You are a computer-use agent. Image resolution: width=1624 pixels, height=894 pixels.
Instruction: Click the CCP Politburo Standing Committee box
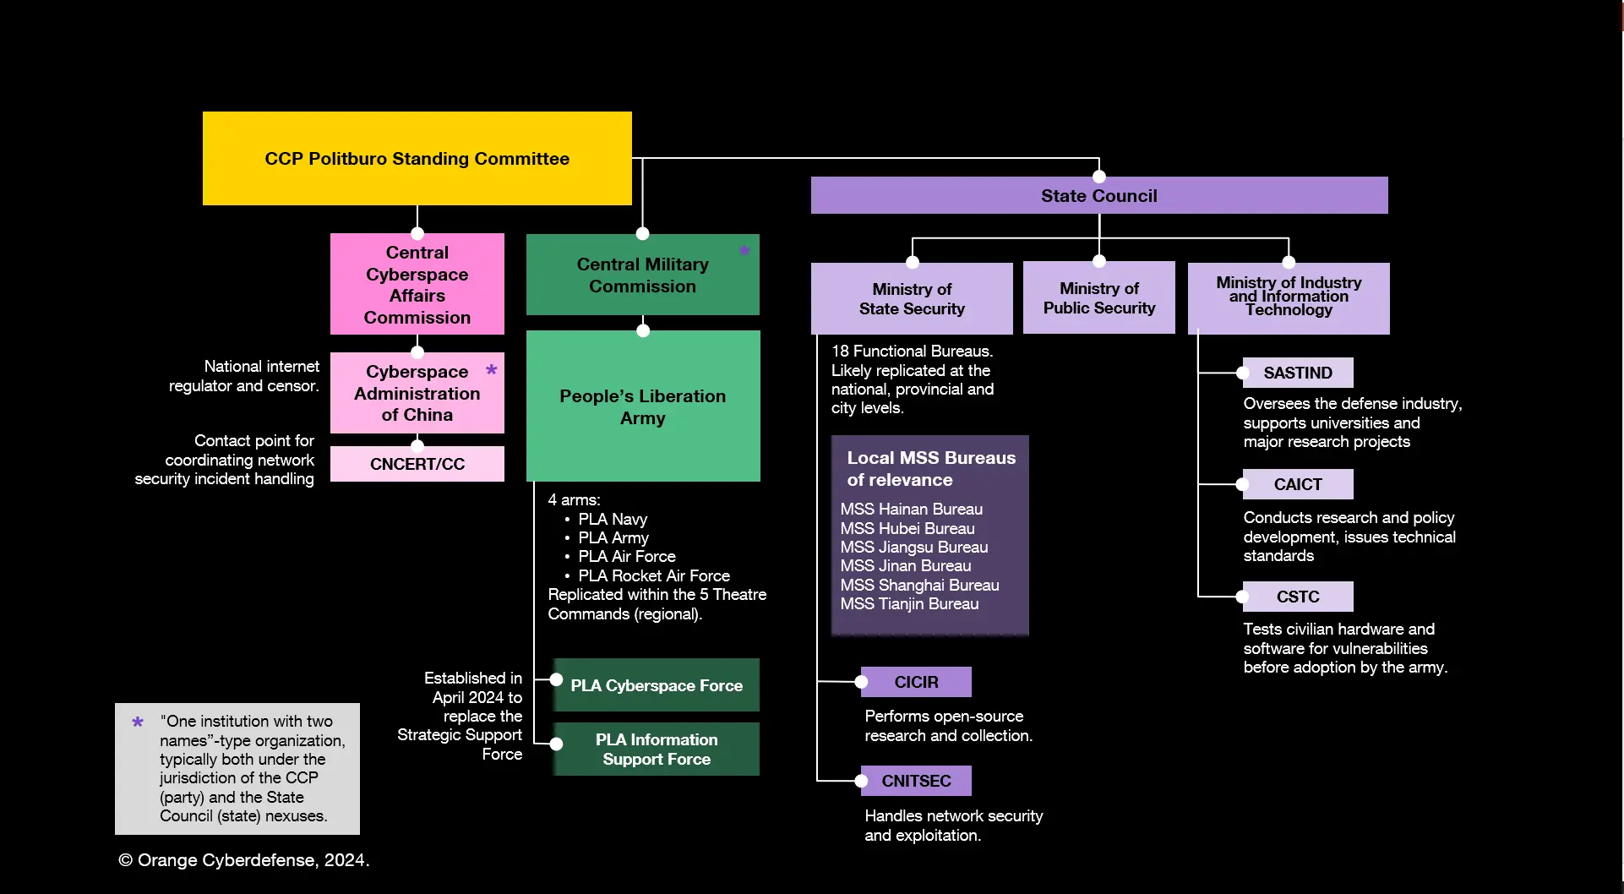click(417, 158)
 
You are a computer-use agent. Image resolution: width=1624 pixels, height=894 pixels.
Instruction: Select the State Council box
click(1098, 196)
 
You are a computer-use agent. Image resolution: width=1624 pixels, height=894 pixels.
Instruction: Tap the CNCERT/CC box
click(417, 464)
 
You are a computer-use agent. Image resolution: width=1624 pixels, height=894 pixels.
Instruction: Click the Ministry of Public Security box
click(1098, 298)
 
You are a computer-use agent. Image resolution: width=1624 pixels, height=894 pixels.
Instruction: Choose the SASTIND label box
click(1297, 373)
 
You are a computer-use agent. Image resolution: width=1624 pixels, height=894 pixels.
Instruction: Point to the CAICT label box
click(1297, 484)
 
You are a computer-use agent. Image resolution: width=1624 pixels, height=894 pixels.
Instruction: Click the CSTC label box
click(1297, 597)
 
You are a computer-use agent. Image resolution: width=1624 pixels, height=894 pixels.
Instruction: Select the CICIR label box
click(916, 682)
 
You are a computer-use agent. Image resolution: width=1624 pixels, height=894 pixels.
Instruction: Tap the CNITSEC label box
click(916, 781)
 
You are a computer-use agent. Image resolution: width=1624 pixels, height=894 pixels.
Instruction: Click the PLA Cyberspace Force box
click(657, 685)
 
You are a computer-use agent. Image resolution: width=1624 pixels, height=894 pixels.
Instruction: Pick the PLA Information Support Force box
click(657, 750)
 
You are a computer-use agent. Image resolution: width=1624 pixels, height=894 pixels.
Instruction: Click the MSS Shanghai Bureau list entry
click(919, 585)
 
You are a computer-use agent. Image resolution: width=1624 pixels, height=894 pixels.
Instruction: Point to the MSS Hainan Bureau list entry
click(911, 509)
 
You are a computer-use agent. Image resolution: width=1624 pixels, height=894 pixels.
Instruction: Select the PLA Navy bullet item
click(612, 519)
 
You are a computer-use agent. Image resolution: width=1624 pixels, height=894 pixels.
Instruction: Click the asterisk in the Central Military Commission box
click(744, 250)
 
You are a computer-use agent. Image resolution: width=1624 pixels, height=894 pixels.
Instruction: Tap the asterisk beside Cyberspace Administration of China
click(492, 370)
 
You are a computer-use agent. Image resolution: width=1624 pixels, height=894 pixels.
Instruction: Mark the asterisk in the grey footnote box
click(138, 722)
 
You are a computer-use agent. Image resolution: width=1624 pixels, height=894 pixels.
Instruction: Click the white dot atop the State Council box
click(1099, 177)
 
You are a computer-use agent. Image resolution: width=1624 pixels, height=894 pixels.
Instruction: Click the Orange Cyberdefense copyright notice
click(244, 860)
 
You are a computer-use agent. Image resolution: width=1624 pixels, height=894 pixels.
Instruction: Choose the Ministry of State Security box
click(912, 299)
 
